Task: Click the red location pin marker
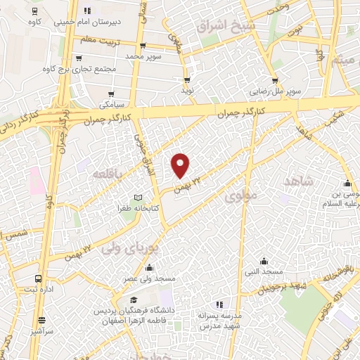181,165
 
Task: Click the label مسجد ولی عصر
149,279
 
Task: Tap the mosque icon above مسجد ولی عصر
149,268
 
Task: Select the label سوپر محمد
143,55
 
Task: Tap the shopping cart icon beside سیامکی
111,93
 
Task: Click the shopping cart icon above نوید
187,80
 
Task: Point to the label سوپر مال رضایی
278,92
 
